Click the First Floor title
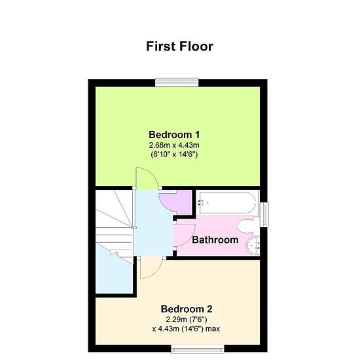tap(180, 46)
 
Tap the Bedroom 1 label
tap(174, 135)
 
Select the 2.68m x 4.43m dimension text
tap(174, 145)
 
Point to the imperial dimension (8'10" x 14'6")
tap(174, 154)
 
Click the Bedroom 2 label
tap(187, 309)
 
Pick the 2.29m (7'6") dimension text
tap(187, 319)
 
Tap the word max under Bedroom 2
tap(213, 329)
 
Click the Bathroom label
tap(215, 240)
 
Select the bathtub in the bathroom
tap(227, 203)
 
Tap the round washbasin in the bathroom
tap(253, 245)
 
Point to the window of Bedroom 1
tap(177, 82)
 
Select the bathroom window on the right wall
tap(265, 215)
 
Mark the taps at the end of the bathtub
tap(202, 203)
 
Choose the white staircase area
tap(114, 223)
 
